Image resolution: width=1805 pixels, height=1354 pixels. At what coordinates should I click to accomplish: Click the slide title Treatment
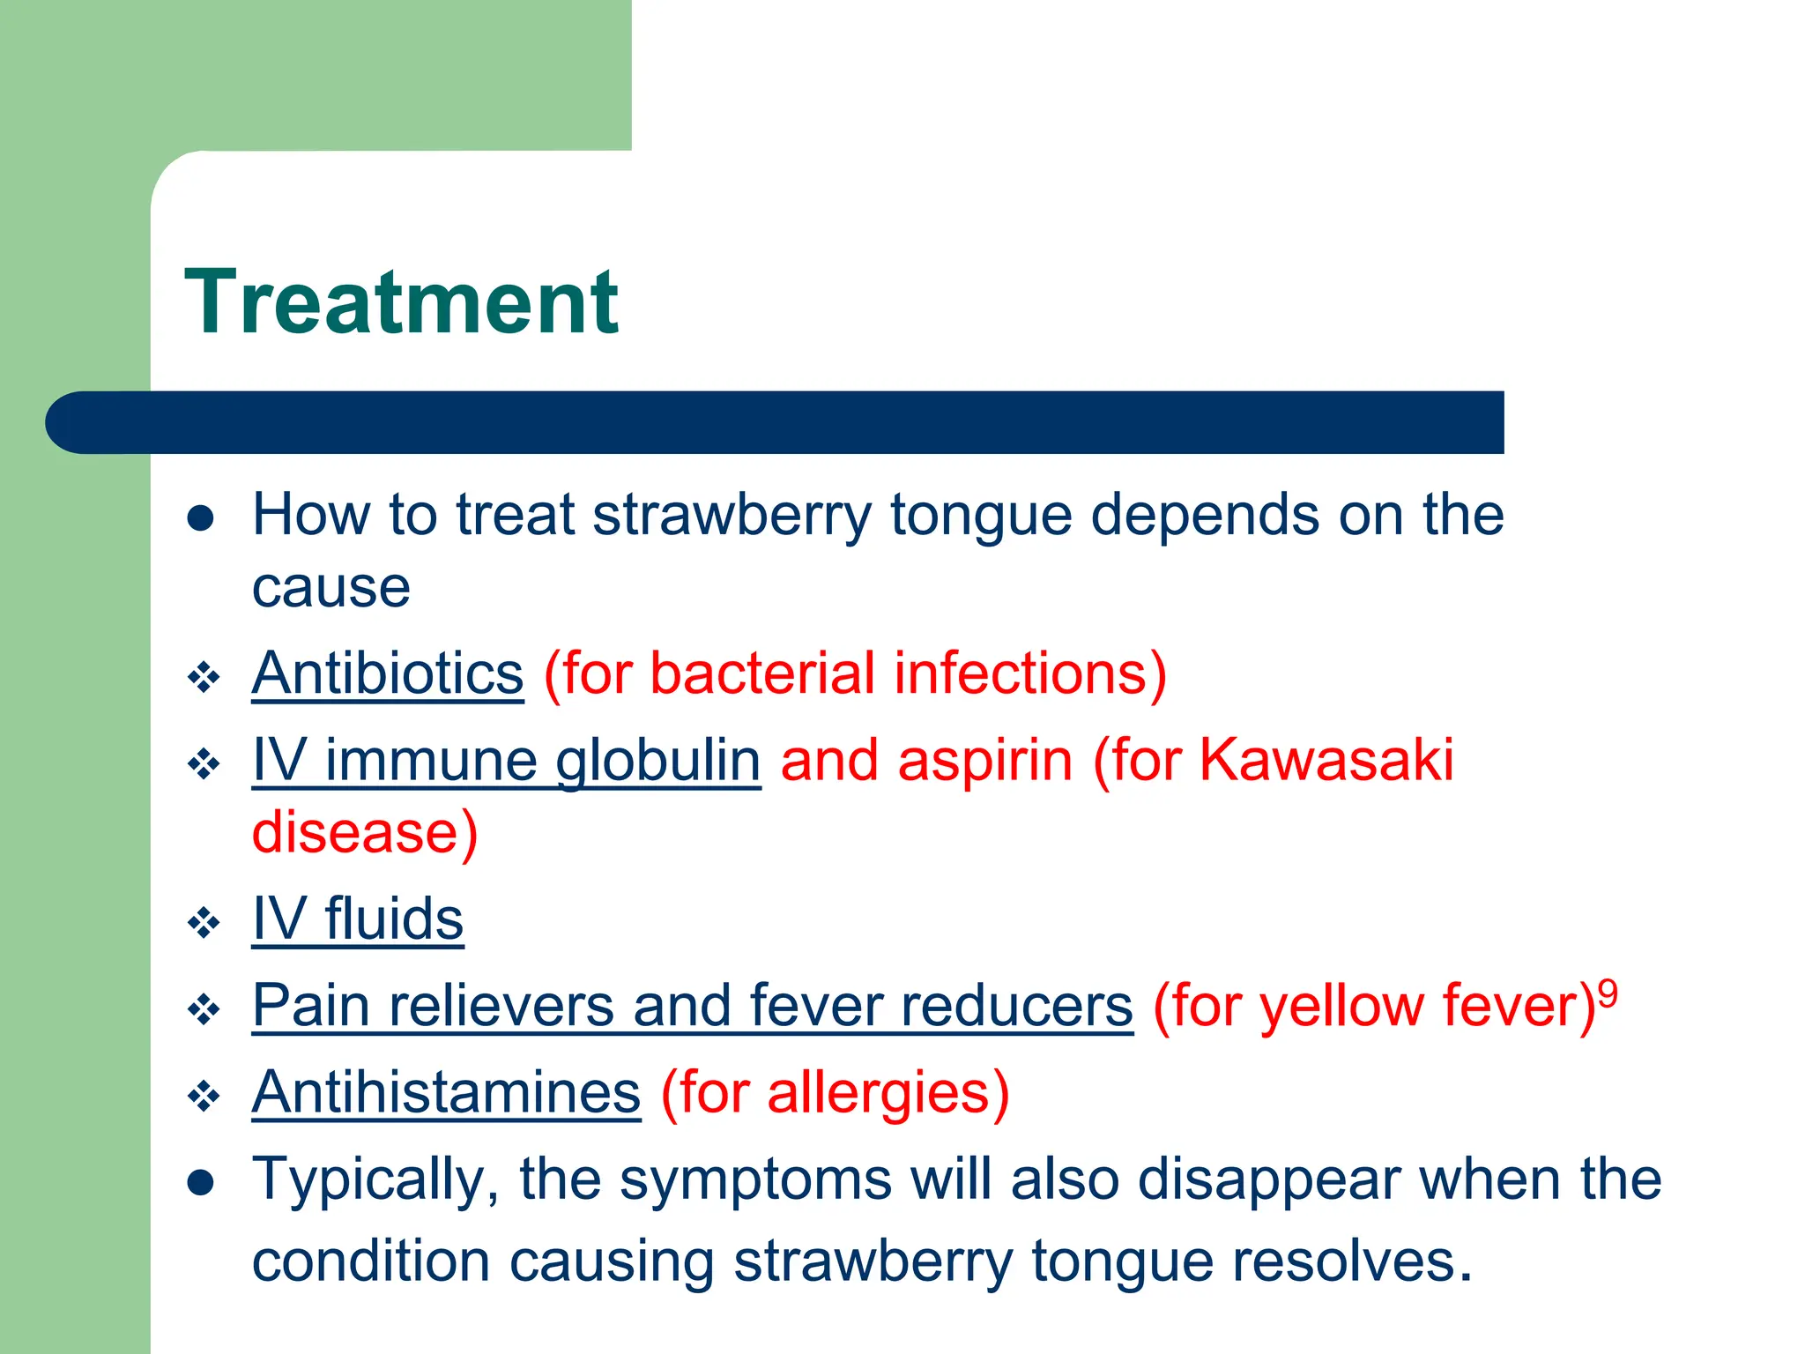(401, 302)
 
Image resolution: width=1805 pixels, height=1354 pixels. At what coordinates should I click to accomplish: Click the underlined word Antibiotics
(388, 674)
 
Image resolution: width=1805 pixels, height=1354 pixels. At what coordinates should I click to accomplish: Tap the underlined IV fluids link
(358, 919)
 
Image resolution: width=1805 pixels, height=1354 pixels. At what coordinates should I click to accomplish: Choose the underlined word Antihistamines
(446, 1092)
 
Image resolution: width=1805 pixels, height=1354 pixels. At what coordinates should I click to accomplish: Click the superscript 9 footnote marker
(1608, 994)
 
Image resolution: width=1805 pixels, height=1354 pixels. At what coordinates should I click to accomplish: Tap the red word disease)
(365, 832)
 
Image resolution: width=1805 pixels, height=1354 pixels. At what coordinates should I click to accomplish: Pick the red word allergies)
(888, 1093)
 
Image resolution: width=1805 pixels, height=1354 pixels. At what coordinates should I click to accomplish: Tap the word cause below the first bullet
(331, 588)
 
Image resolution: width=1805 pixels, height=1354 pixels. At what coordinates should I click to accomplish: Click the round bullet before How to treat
(201, 517)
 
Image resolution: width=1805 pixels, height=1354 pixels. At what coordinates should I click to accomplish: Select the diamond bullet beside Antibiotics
(204, 678)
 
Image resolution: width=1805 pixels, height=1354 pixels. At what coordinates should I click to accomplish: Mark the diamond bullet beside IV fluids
(204, 923)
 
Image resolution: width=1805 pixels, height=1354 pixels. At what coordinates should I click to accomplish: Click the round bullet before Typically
(201, 1182)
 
